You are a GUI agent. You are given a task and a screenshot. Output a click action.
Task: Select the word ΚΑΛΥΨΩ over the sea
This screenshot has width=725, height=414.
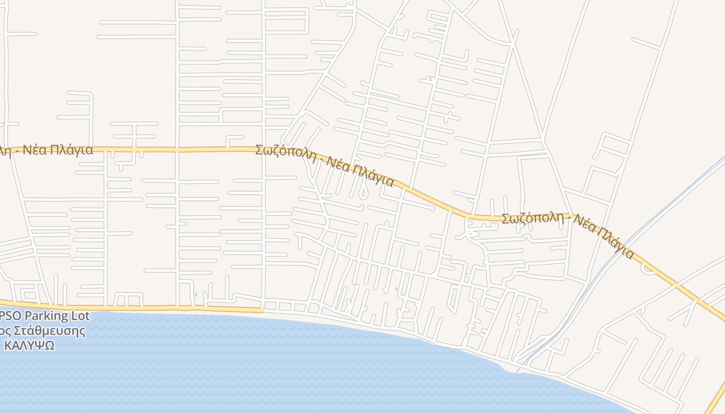[29, 346]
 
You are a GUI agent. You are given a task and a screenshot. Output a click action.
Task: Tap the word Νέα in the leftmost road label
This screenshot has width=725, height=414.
[35, 151]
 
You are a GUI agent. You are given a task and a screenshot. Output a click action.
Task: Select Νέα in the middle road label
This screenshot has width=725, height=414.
[337, 166]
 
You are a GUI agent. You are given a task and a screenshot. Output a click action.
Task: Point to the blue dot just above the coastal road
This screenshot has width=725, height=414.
[196, 295]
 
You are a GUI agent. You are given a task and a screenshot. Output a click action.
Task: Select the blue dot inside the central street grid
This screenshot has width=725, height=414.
[396, 289]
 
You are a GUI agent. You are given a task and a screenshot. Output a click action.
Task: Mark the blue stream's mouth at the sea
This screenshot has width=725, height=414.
[518, 371]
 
